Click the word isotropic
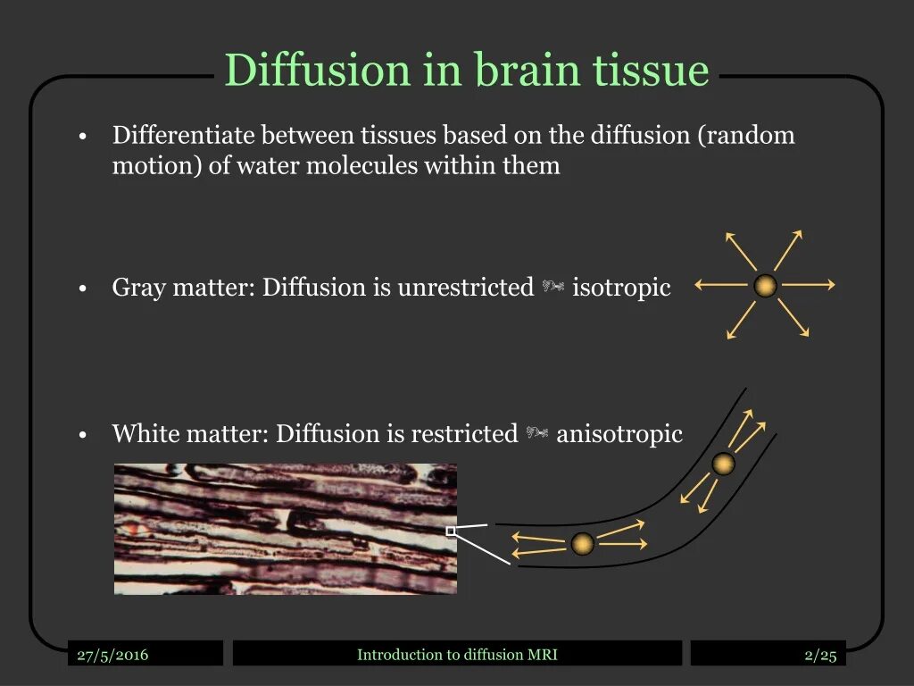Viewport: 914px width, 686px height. (621, 288)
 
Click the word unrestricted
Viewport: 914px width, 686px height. (465, 288)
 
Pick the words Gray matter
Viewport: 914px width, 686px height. (183, 288)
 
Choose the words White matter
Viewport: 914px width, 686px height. (189, 434)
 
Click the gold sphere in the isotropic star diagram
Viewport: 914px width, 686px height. (765, 286)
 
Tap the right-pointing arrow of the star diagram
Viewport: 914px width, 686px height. (809, 285)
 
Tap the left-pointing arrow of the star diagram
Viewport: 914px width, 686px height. (721, 285)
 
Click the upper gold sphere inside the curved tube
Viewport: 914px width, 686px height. (723, 464)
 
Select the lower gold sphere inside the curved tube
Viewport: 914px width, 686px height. (582, 543)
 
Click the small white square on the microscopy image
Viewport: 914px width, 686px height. (451, 531)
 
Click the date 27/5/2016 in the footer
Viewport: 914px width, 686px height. (112, 655)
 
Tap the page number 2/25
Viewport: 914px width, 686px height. (820, 655)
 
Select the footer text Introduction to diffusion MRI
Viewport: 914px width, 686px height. (457, 655)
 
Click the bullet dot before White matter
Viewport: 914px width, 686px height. (81, 436)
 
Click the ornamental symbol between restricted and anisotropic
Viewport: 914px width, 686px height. (536, 434)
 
